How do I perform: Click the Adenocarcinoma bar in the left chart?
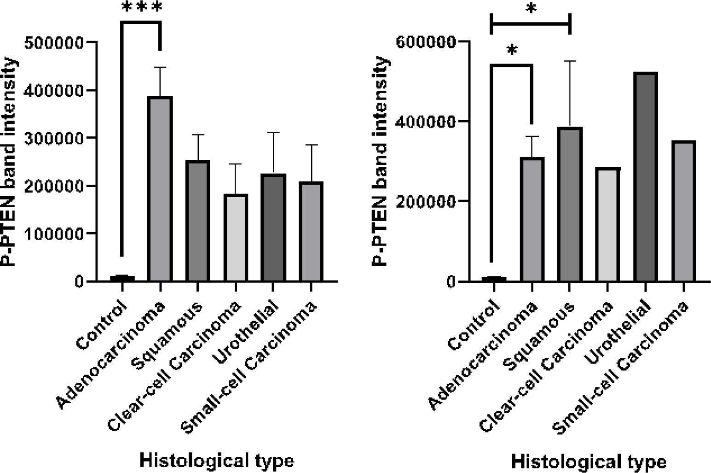coord(160,189)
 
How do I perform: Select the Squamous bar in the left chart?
coord(197,221)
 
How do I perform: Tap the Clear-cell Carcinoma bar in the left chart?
coord(236,237)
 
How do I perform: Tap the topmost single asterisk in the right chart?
coord(531,9)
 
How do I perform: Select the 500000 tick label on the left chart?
coord(60,42)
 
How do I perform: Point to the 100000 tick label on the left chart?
coord(60,234)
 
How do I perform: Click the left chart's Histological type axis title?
coord(216,461)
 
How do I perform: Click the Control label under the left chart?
coord(102,325)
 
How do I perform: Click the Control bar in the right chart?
coord(493,279)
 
